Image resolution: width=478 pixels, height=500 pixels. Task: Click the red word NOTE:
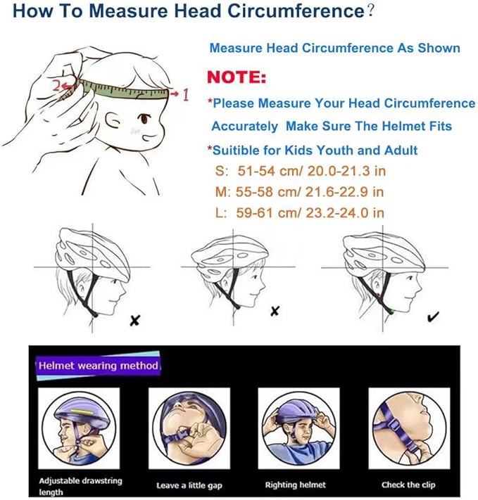coord(237,76)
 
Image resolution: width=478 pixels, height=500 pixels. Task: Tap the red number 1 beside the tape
coord(185,94)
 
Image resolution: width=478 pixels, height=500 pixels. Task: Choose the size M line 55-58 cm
coord(301,191)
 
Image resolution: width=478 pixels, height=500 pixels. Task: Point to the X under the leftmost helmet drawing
coord(135,321)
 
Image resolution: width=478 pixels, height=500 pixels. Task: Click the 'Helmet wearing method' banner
coord(99,366)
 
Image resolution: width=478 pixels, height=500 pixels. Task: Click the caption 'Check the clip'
coord(409,485)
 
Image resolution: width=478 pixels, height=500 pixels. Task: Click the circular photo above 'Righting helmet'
coord(295,428)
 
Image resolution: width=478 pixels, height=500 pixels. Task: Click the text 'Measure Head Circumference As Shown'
coord(334,49)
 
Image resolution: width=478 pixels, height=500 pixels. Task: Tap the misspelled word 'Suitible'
coord(237,150)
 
